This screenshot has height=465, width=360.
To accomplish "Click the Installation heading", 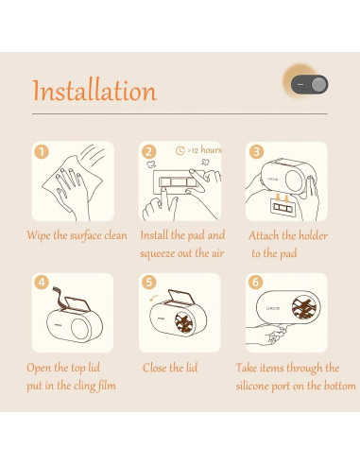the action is tap(94, 90).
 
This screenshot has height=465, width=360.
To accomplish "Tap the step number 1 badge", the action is tap(42, 151).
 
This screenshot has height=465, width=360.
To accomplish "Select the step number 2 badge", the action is tap(148, 152).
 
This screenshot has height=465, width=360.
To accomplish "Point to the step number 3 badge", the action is tap(256, 151).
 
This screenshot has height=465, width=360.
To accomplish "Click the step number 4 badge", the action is tap(42, 283).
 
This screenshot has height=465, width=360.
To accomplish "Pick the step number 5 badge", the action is tap(148, 283).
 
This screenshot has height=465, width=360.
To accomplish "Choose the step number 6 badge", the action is tap(256, 283).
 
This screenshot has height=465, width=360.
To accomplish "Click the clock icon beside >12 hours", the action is tap(180, 150).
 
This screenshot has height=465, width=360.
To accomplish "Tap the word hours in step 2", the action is tap(211, 150).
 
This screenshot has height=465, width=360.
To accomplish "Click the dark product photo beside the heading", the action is tap(309, 84).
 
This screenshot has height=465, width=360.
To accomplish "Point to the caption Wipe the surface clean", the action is tap(77, 235).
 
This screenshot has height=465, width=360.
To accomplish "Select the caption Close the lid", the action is tap(170, 368).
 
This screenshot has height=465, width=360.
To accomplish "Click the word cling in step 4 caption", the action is tap(84, 387).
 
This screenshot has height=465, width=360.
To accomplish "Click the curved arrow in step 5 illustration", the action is tap(154, 298).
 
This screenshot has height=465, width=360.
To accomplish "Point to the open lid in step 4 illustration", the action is tap(77, 303).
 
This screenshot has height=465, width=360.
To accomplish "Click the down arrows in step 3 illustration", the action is tap(283, 198).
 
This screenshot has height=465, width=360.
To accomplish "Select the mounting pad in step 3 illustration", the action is tap(283, 207).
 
